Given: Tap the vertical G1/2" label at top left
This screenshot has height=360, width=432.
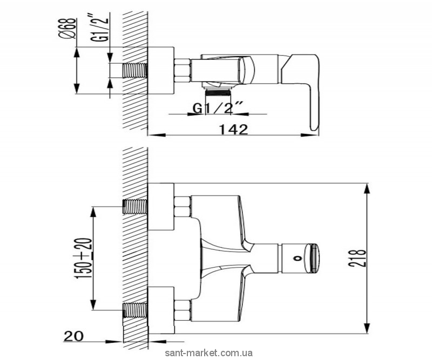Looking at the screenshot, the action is pyautogui.click(x=103, y=27).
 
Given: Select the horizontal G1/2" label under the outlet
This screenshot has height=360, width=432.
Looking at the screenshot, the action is pyautogui.click(x=218, y=108).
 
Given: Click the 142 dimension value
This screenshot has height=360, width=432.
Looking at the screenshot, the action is pyautogui.click(x=234, y=130).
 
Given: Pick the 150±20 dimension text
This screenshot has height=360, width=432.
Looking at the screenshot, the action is pyautogui.click(x=85, y=259).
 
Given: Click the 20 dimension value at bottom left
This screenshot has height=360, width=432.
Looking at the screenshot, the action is pyautogui.click(x=73, y=336).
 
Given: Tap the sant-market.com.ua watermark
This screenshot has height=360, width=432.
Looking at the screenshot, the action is pyautogui.click(x=208, y=353).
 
